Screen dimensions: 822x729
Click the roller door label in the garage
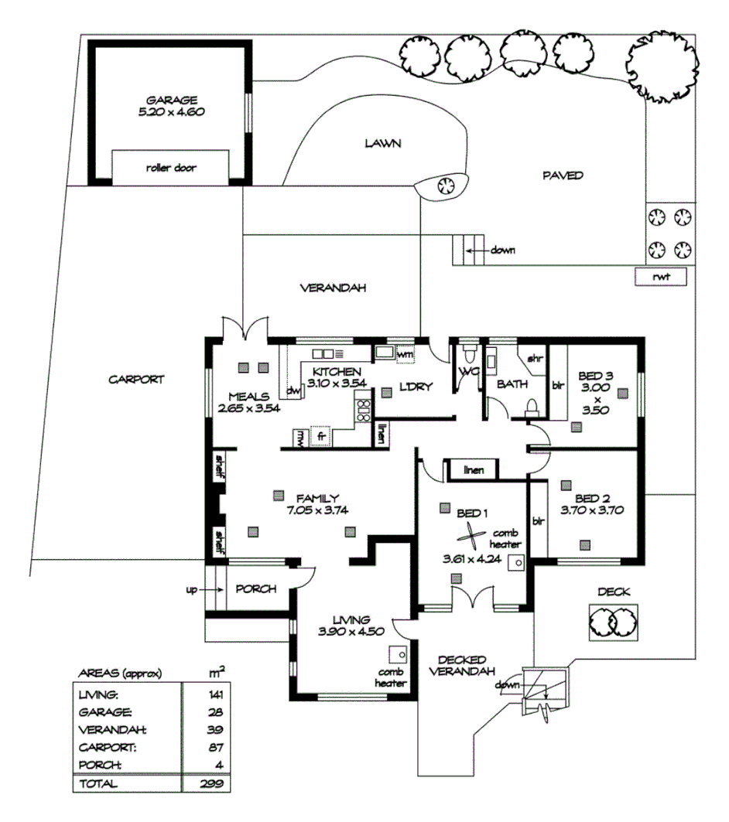(x=171, y=168)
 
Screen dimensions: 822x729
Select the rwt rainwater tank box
(x=660, y=276)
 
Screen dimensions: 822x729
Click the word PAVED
(x=563, y=176)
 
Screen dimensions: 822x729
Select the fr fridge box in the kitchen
(x=320, y=437)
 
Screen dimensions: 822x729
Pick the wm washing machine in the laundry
(x=403, y=354)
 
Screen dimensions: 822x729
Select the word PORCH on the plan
(x=255, y=589)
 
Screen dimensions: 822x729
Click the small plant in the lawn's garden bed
(x=445, y=185)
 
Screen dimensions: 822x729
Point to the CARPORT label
(x=136, y=380)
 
